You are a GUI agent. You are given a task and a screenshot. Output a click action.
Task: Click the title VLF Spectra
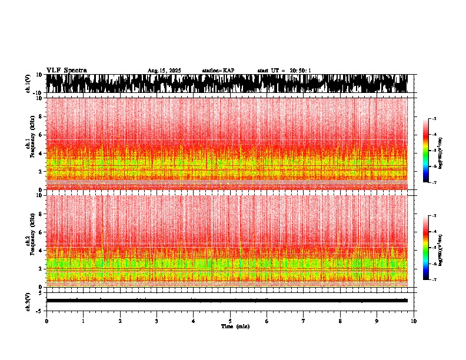tap(66, 71)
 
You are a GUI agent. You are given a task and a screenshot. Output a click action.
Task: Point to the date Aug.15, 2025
tap(164, 71)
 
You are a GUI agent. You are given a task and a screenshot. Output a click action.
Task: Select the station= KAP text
tap(218, 71)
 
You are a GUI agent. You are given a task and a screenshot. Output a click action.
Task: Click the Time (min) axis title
tap(235, 326)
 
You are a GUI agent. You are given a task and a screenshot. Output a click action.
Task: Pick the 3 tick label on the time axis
tap(157, 321)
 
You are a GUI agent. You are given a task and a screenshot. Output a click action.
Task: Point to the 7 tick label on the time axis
tap(304, 321)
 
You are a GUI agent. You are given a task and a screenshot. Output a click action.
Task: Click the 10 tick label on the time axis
tap(414, 321)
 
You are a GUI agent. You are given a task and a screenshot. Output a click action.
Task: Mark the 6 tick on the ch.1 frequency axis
tap(39, 135)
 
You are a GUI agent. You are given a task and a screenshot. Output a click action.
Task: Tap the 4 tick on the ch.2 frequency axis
tap(39, 251)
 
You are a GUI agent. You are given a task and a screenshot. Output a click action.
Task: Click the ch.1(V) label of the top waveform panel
tap(28, 84)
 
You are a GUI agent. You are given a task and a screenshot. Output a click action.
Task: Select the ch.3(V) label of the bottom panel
tap(28, 301)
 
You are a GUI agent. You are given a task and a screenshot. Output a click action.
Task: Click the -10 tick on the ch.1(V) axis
tap(37, 93)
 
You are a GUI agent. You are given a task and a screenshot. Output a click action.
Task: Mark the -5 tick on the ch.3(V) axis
tap(39, 310)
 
